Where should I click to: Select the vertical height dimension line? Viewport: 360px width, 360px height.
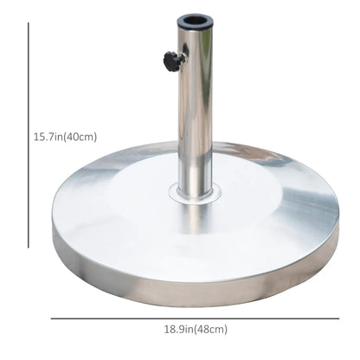(29, 138)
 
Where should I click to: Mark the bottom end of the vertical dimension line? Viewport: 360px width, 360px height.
(29, 247)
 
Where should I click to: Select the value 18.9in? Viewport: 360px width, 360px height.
(175, 329)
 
